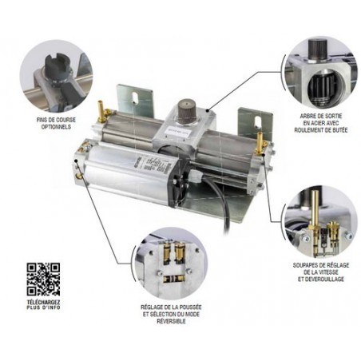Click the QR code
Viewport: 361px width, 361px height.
click(43, 280)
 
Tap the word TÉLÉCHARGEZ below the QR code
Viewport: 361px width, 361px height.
click(43, 303)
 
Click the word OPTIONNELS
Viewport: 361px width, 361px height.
click(56, 127)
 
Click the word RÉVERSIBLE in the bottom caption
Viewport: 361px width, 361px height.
click(171, 321)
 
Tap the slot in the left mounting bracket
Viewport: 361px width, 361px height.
click(135, 97)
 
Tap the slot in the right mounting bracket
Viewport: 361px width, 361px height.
click(257, 121)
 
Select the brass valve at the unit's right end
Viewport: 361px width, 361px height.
click(260, 143)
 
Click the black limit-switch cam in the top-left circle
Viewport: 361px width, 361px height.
click(58, 65)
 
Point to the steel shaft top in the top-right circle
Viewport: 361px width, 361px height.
click(318, 50)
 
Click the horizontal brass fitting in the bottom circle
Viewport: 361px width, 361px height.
click(174, 279)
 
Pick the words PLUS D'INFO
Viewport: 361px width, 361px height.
click(43, 307)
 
